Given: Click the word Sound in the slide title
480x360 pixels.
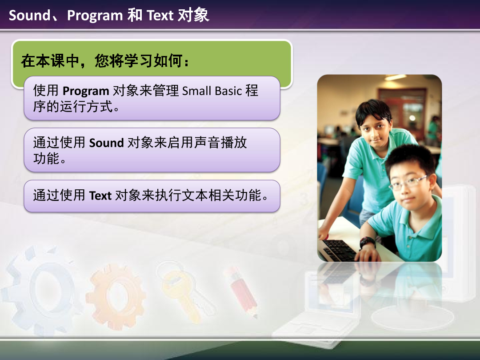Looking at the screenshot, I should (x=29, y=16).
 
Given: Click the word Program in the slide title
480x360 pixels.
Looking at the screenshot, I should (x=95, y=16).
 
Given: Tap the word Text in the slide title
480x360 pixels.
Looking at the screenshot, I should (x=160, y=16).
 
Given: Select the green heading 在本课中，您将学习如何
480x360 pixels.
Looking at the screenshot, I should (x=105, y=61).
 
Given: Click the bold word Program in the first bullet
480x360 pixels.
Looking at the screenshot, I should (x=86, y=91).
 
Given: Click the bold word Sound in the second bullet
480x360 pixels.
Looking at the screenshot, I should (x=106, y=143).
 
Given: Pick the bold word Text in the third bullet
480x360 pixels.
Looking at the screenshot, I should (x=100, y=196).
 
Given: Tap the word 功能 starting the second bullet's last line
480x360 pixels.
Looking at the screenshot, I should (x=46, y=159).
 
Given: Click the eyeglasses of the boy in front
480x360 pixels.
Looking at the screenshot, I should (x=407, y=182).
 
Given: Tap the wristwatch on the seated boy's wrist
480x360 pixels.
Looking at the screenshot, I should (x=367, y=243).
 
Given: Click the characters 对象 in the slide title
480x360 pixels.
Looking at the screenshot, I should (x=193, y=16).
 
